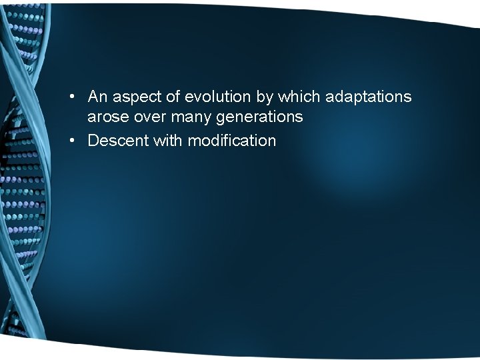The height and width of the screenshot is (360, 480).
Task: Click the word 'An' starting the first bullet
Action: coord(97,97)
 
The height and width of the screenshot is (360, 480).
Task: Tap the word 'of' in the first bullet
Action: coord(173,97)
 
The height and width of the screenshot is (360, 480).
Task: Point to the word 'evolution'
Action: coord(218,97)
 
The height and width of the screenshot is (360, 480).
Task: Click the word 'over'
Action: coord(147,118)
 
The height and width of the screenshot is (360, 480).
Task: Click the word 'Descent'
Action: coord(113,141)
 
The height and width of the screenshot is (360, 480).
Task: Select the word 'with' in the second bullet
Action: coord(163,141)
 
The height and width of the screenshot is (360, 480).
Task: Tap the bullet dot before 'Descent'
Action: coord(75,141)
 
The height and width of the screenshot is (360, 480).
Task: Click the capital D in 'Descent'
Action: coord(93,141)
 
